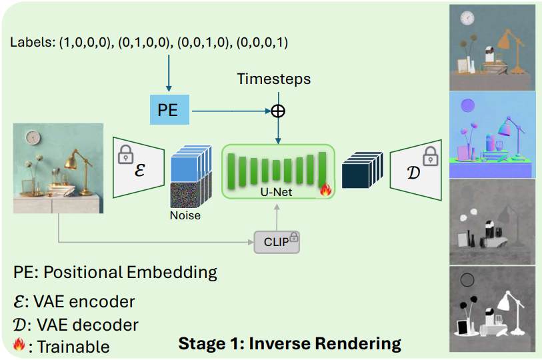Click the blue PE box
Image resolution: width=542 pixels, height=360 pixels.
coord(168,110)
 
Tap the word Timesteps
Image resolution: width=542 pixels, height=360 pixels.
coord(273,79)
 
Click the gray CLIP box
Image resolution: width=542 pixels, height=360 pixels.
coord(277,242)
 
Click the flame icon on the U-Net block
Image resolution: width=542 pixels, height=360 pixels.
coord(325,189)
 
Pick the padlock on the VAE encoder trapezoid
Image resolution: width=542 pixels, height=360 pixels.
coord(125,155)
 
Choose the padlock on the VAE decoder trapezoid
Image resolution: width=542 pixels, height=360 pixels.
coord(430,155)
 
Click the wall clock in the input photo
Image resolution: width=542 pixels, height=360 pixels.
coord(33,137)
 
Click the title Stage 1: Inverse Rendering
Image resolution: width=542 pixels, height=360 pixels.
coord(289,344)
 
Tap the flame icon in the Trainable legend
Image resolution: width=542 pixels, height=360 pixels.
coord(20,345)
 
